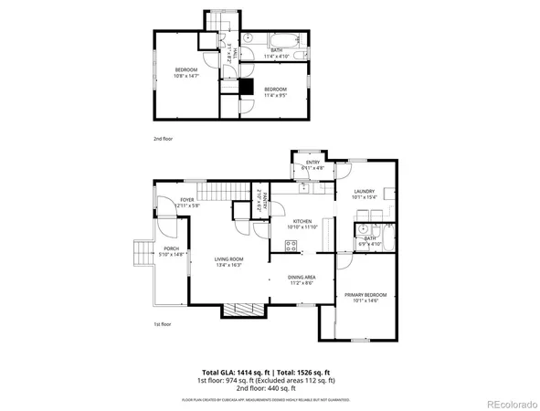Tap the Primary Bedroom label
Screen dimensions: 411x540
point(365,294)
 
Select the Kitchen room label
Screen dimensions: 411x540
point(302,221)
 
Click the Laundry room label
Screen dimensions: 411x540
point(364,191)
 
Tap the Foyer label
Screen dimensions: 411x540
point(186,199)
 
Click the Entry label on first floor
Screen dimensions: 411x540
point(312,163)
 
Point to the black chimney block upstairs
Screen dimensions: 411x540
point(246,87)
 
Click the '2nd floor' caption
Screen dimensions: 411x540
point(163,138)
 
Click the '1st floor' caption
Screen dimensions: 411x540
point(163,324)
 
